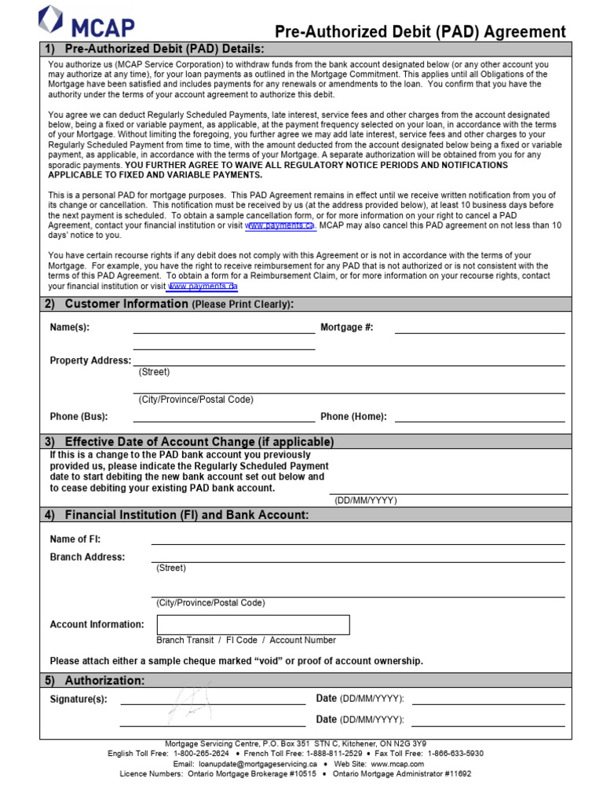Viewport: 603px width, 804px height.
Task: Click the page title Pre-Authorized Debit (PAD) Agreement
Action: pyautogui.click(x=420, y=31)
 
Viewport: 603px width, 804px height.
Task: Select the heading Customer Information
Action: pyautogui.click(x=126, y=304)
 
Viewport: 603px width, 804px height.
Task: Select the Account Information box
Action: pyautogui.click(x=253, y=624)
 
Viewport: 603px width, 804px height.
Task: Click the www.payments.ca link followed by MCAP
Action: pyautogui.click(x=280, y=225)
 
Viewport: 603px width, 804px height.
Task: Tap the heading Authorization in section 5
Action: pyautogui.click(x=104, y=680)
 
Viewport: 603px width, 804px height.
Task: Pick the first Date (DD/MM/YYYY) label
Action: pyautogui.click(x=360, y=699)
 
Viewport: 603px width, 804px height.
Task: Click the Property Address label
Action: pyautogui.click(x=90, y=360)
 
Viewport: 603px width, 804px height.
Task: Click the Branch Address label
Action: pyautogui.click(x=87, y=557)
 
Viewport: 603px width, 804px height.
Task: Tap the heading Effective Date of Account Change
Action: pyautogui.click(x=199, y=441)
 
